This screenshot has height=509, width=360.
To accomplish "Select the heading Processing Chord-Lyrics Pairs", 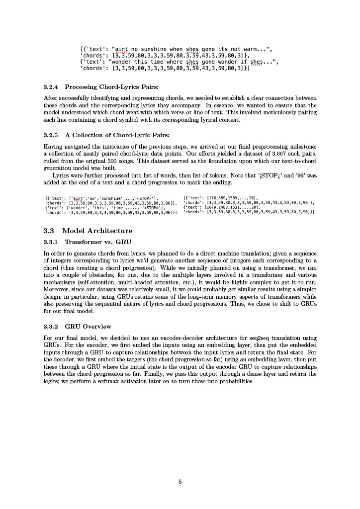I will [111, 87].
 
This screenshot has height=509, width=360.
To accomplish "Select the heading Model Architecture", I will [97, 231].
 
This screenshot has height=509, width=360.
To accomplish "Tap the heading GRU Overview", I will [88, 327].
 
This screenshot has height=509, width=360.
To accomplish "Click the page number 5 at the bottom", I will [180, 481].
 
